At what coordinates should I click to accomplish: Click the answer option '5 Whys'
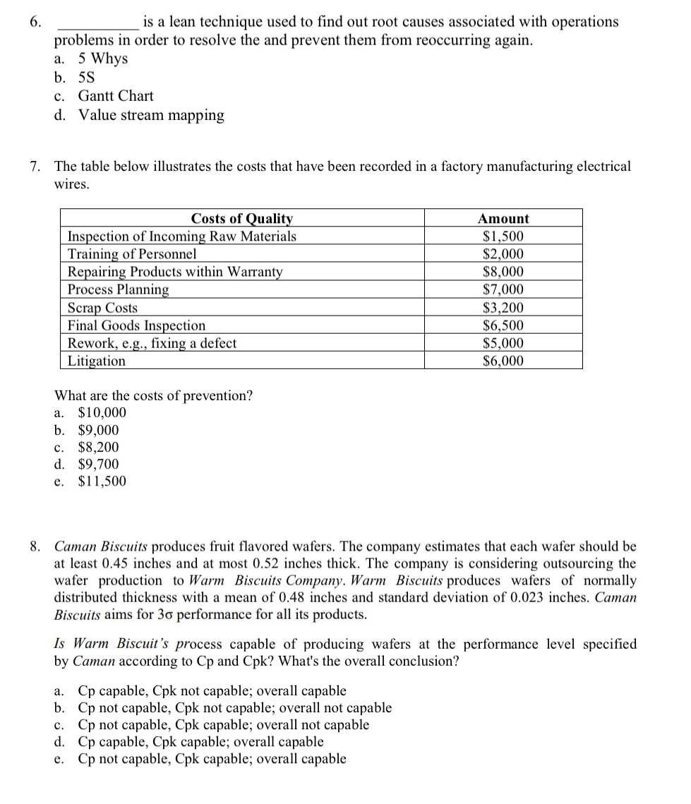tap(102, 59)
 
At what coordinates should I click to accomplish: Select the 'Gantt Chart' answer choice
tap(115, 96)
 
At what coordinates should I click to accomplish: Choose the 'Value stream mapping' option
tap(151, 115)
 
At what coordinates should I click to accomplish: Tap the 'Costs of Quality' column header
tap(241, 219)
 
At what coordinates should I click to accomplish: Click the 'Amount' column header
tap(503, 219)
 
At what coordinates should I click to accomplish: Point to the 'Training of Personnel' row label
tap(132, 254)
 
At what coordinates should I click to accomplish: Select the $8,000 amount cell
tap(503, 272)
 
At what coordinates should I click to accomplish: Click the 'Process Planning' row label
tap(118, 289)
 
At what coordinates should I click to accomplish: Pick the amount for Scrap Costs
tap(503, 308)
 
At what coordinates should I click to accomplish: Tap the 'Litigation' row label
tap(97, 361)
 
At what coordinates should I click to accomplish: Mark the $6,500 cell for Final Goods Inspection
tap(503, 325)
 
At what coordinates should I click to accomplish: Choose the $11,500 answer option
tap(102, 481)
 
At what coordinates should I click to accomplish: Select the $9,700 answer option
tap(98, 464)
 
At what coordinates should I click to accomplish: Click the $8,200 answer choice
tap(98, 448)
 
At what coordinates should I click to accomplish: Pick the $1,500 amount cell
tap(503, 236)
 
